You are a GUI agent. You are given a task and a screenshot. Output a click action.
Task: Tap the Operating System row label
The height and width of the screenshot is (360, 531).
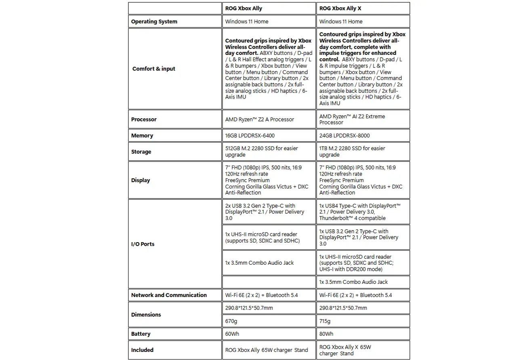click(154, 22)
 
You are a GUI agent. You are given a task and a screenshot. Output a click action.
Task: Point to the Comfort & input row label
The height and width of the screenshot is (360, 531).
click(153, 69)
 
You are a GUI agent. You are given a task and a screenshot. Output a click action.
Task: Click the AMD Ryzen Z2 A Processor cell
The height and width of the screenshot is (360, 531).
click(259, 119)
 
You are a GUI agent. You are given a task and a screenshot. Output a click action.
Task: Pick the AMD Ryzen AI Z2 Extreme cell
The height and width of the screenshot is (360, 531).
click(352, 119)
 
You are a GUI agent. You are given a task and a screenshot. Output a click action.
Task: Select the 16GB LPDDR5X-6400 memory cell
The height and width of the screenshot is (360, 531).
click(250, 136)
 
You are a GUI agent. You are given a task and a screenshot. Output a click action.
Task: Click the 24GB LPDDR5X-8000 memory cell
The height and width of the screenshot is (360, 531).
click(344, 136)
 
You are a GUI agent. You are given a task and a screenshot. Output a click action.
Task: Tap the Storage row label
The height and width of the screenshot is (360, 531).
click(141, 152)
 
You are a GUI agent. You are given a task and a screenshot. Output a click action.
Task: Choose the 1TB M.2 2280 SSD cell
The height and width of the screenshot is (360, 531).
click(352, 152)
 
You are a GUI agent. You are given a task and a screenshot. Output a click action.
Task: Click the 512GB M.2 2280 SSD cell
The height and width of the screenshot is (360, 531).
click(261, 152)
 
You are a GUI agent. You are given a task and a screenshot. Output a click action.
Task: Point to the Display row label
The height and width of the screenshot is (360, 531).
click(140, 180)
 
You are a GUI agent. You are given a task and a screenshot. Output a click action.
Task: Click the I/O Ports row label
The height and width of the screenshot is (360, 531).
click(143, 244)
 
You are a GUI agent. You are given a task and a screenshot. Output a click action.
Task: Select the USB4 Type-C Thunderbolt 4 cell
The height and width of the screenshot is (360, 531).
click(359, 212)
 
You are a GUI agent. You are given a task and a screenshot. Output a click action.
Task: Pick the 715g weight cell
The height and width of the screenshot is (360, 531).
click(325, 321)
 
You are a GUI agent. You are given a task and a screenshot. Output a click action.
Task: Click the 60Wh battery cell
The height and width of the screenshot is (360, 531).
click(232, 334)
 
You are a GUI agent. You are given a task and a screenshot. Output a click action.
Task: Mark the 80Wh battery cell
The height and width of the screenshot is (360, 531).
click(326, 334)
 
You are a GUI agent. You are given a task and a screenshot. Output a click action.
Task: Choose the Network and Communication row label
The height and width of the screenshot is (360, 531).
click(169, 295)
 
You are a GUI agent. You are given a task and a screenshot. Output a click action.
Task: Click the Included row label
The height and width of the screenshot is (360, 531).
click(142, 350)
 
